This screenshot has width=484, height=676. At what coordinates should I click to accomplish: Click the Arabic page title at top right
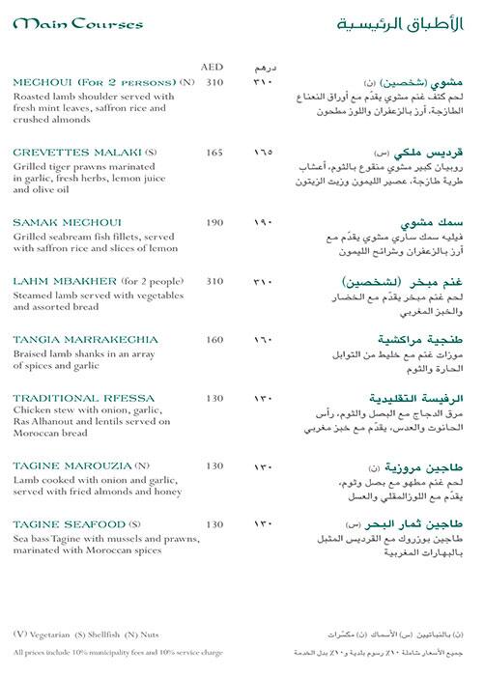coord(405,23)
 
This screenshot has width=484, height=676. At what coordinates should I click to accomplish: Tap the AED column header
coord(212,67)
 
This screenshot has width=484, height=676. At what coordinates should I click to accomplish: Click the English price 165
coord(214,152)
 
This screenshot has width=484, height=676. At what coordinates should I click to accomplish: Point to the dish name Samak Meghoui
coord(56,222)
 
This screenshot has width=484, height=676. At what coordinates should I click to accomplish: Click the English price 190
coord(214,222)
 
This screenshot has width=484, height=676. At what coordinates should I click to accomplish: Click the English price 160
coord(214,339)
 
